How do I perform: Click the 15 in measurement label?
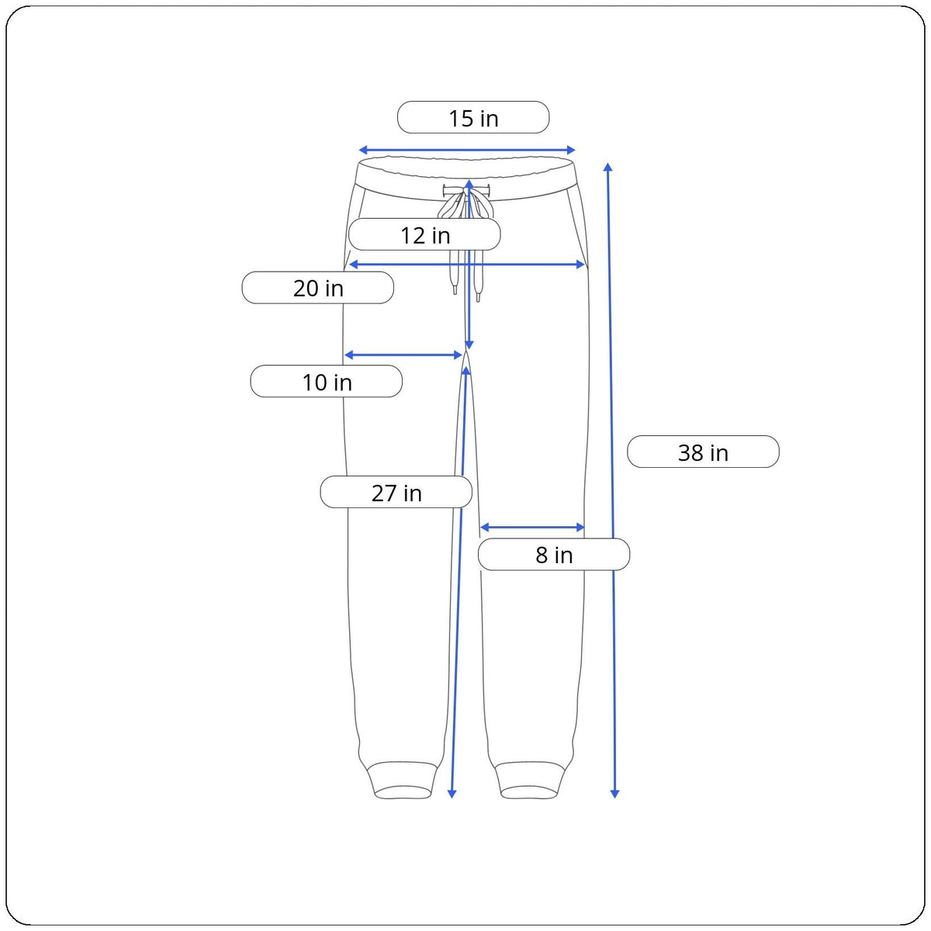pyautogui.click(x=473, y=117)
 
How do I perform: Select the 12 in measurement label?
pyautogui.click(x=424, y=234)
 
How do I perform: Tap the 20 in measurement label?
pyautogui.click(x=317, y=288)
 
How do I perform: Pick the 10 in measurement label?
pyautogui.click(x=326, y=381)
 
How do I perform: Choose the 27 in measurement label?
pyautogui.click(x=396, y=492)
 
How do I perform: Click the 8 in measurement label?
pyautogui.click(x=554, y=554)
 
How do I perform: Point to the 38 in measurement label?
pyautogui.click(x=703, y=452)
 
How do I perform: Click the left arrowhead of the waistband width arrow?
pyautogui.click(x=363, y=150)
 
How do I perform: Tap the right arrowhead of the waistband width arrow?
pyautogui.click(x=570, y=150)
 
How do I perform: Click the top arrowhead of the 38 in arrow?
pyautogui.click(x=608, y=167)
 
